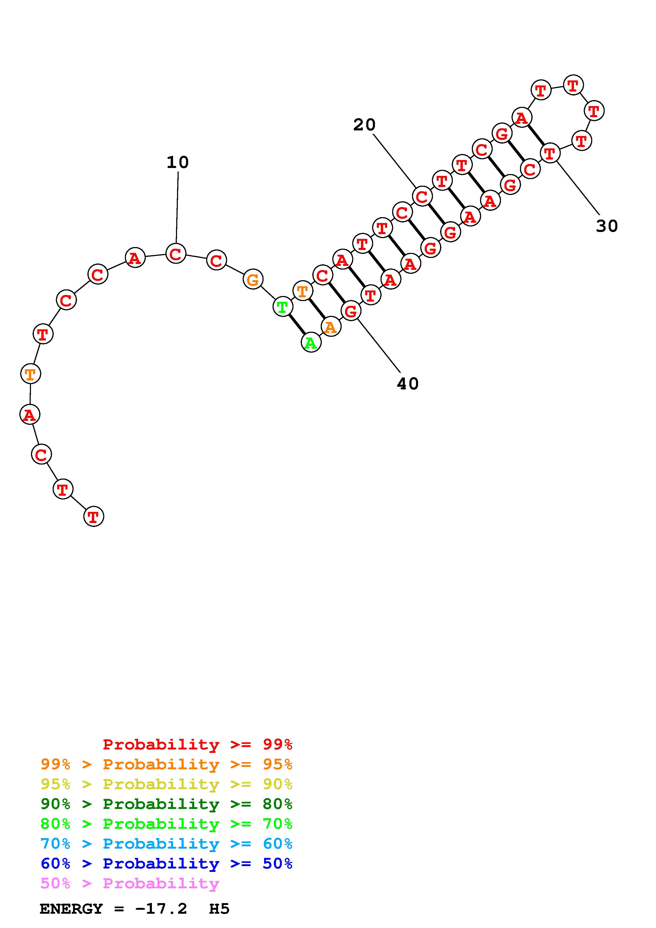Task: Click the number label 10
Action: point(178,162)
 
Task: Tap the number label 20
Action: point(364,125)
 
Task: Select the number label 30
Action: point(607,226)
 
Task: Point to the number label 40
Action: point(408,384)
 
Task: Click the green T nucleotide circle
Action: point(283,307)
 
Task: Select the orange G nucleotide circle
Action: point(253,279)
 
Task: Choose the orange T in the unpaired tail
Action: point(31,374)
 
